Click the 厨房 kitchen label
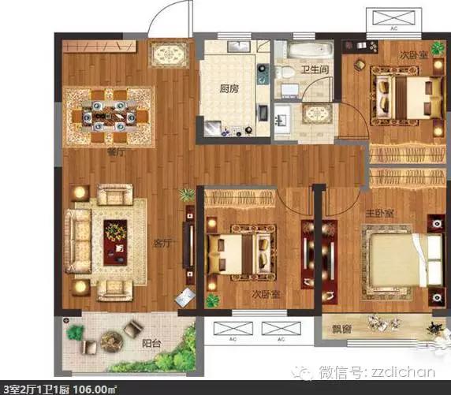pos(229,89)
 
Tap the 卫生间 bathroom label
pos(315,69)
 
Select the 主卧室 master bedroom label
pos(380,213)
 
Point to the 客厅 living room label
pos(163,244)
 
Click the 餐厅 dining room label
pos(116,152)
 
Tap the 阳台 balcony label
pos(152,343)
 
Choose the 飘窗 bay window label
pos(341,329)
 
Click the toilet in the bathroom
pos(284,72)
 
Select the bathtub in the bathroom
pos(310,50)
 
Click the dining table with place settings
pos(109,117)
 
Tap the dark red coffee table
pos(115,243)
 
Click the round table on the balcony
pos(112,341)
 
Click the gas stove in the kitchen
pos(263,73)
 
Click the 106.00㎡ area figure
pos(95,389)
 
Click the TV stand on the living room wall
pos(190,242)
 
